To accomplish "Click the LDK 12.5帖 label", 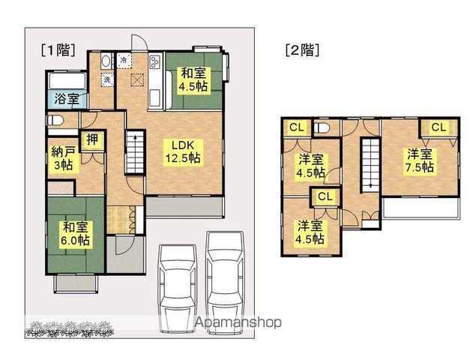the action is pyautogui.click(x=182, y=152).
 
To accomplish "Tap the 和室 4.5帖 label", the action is pyautogui.click(x=193, y=80).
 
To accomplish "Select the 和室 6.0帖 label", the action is pyautogui.click(x=75, y=233).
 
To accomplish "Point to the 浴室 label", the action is pyautogui.click(x=67, y=99).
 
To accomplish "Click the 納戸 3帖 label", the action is pyautogui.click(x=64, y=158).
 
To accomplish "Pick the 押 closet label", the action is pyautogui.click(x=92, y=139).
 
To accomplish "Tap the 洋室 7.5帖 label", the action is pyautogui.click(x=420, y=160).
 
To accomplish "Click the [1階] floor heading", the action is pyautogui.click(x=58, y=50).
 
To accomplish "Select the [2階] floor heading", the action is pyautogui.click(x=302, y=50).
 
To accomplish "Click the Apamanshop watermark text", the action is pyautogui.click(x=238, y=322).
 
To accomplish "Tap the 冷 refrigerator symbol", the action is pyautogui.click(x=124, y=60).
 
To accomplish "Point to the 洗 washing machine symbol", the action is pyautogui.click(x=107, y=80).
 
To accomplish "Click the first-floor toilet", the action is pyautogui.click(x=56, y=121).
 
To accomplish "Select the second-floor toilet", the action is pyautogui.click(x=322, y=128).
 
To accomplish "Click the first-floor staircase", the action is pyautogui.click(x=135, y=152).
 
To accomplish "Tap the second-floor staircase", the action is pyautogui.click(x=370, y=165).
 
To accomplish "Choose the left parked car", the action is pyautogui.click(x=178, y=288).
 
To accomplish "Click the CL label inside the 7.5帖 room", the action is pyautogui.click(x=439, y=127).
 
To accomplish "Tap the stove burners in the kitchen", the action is pyautogui.click(x=154, y=62).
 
